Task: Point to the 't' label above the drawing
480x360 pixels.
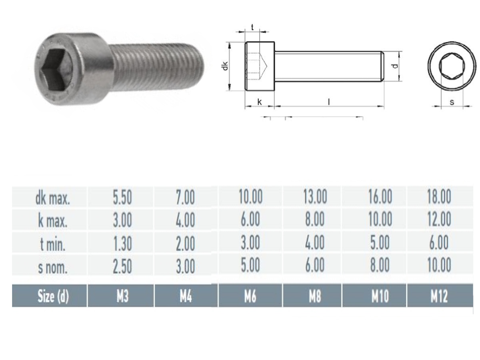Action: point(252,27)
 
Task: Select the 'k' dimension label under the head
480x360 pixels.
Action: point(259,102)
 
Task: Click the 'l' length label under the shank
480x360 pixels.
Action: point(329,102)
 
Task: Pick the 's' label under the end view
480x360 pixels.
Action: point(452,102)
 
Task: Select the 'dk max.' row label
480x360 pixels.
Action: point(52,198)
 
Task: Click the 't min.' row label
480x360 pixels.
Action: point(52,244)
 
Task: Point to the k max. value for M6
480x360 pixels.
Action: point(250,220)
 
